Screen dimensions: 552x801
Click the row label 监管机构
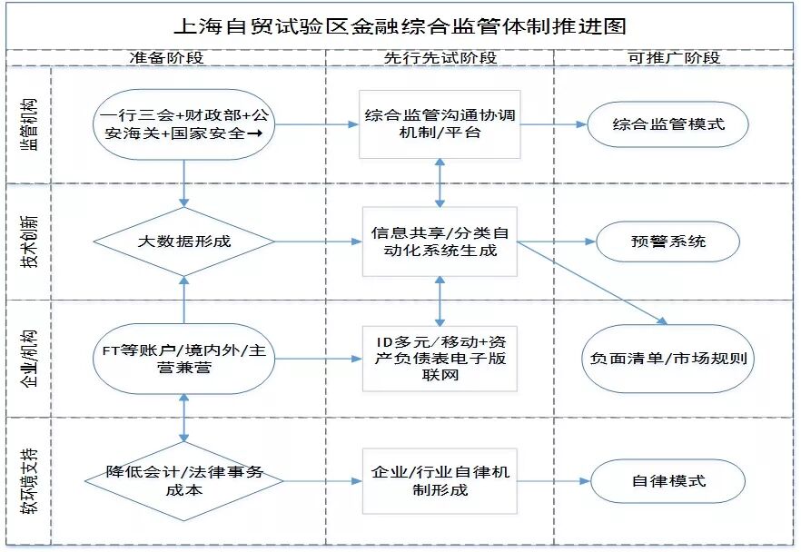[x=29, y=126]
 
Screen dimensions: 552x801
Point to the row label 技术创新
[x=29, y=242]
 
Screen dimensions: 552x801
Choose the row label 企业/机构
[x=29, y=358]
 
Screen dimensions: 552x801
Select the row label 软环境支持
[x=29, y=481]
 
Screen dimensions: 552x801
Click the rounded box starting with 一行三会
[x=184, y=125]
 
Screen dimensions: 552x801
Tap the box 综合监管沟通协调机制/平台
[x=440, y=124]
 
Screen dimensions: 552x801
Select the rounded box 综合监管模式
[x=668, y=124]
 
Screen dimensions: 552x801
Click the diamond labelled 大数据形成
[x=184, y=241]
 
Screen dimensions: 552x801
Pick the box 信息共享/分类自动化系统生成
[x=440, y=241]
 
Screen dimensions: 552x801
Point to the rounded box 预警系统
[x=667, y=241]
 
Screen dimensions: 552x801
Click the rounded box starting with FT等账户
[x=184, y=358]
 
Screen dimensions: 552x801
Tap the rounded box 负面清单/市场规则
[x=667, y=358]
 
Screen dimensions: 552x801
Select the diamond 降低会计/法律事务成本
[x=184, y=481]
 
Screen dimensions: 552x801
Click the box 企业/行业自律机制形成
[x=440, y=481]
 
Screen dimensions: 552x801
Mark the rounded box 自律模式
[x=668, y=481]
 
